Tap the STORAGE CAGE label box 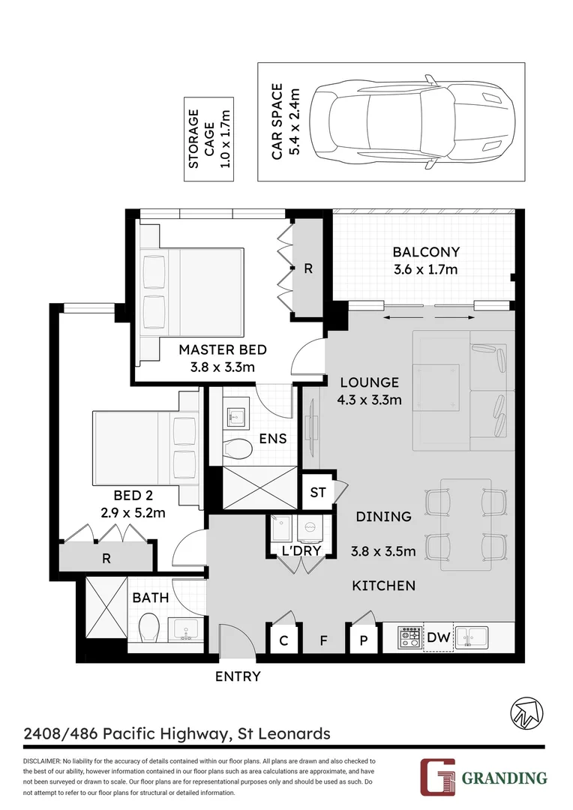pyautogui.click(x=208, y=139)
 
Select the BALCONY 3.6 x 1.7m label pyautogui.click(x=425, y=261)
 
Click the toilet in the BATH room pyautogui.click(x=149, y=628)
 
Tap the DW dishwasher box pyautogui.click(x=438, y=638)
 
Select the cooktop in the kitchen pyautogui.click(x=409, y=638)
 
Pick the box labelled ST pyautogui.click(x=317, y=493)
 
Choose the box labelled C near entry pyautogui.click(x=283, y=640)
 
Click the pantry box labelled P pyautogui.click(x=364, y=640)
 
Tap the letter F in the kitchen pyautogui.click(x=323, y=640)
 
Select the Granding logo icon pyautogui.click(x=436, y=776)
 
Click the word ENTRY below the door pyautogui.click(x=238, y=676)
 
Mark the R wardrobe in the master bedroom pyautogui.click(x=307, y=268)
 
